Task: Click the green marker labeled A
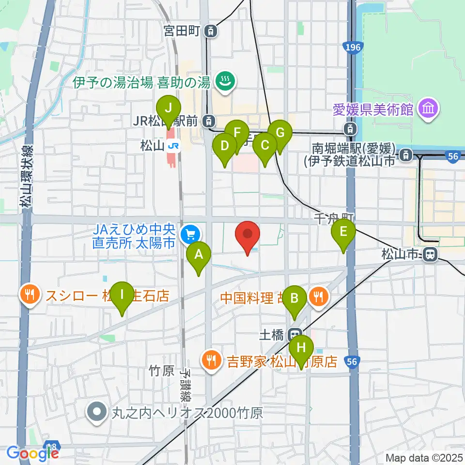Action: tap(199, 255)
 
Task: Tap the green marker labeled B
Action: tap(294, 299)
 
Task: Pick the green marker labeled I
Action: tap(122, 295)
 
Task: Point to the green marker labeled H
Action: tap(301, 349)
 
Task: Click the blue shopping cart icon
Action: tap(188, 235)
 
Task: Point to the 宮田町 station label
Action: tap(182, 31)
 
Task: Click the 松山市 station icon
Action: tap(429, 254)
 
